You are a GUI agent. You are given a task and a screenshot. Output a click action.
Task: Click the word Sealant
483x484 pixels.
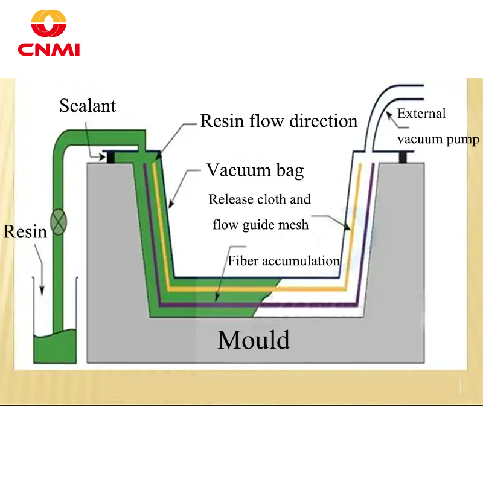88,106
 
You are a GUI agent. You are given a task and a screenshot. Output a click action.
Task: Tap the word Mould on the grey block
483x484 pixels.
254,340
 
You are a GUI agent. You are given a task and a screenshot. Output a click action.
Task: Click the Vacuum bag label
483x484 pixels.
255,170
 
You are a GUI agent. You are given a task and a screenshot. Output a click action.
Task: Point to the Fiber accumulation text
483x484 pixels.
284,261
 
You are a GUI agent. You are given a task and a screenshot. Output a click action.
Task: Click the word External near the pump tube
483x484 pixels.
421,114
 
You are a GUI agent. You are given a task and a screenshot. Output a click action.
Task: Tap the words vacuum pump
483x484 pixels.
438,140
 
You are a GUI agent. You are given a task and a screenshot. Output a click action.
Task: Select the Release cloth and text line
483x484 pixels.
260,199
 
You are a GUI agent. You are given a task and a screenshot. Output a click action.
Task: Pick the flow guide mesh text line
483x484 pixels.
261,225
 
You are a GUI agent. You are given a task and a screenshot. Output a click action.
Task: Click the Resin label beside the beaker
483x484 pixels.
25,231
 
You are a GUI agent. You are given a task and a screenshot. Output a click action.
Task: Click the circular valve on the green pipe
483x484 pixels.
58,222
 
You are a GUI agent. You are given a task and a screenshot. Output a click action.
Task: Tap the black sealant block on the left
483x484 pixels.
110,157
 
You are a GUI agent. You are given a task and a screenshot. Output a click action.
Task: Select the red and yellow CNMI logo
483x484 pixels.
49,34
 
